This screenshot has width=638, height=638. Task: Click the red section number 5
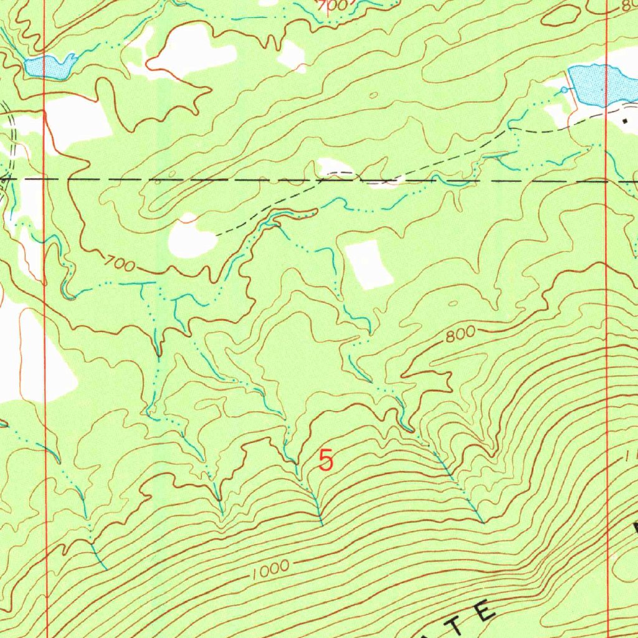pyautogui.click(x=326, y=461)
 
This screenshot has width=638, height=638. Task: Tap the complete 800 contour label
pyautogui.click(x=460, y=336)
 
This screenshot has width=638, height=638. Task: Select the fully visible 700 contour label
pyautogui.click(x=120, y=265)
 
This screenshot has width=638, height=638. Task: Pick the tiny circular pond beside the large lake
pyautogui.click(x=564, y=90)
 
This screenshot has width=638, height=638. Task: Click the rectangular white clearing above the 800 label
pyautogui.click(x=369, y=264)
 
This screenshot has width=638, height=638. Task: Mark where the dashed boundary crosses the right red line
pyautogui.click(x=607, y=182)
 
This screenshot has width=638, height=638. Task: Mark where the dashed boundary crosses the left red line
pyautogui.click(x=44, y=179)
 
